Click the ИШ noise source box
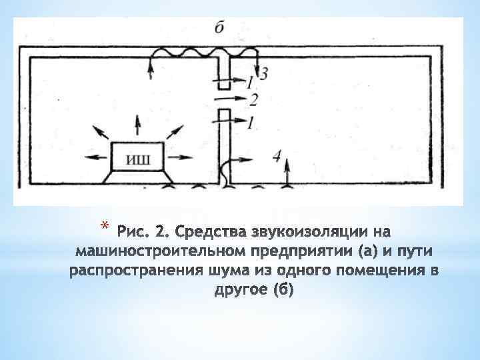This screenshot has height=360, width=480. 137,158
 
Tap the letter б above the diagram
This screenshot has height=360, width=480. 221,28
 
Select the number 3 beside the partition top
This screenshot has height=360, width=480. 264,73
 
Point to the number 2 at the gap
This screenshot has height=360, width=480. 253,99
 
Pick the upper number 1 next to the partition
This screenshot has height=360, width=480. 249,83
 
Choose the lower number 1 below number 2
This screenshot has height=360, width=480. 250,122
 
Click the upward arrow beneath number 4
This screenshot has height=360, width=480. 287,174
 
